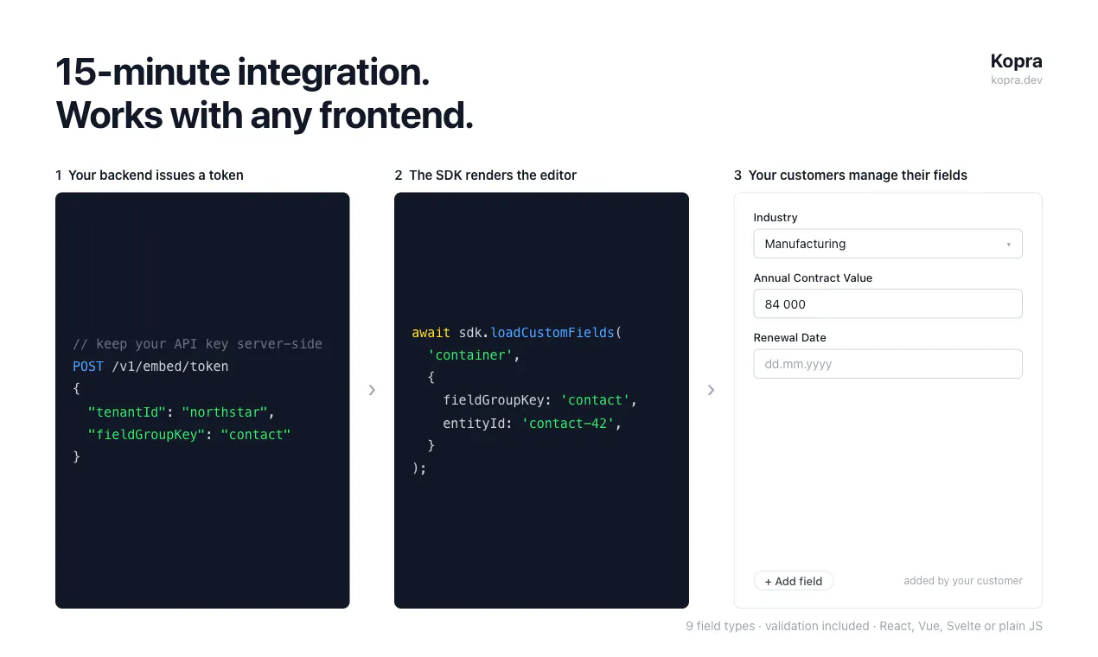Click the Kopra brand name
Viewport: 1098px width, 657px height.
[x=1016, y=61]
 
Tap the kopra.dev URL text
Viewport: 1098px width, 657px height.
[x=1016, y=80]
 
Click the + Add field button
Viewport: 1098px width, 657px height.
[x=793, y=581]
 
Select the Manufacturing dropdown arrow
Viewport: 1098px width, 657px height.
[x=1008, y=244]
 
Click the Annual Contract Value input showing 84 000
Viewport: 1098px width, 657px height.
[x=888, y=304]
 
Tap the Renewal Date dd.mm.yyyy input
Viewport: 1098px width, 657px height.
[x=888, y=364]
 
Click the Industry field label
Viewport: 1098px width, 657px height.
[x=776, y=217]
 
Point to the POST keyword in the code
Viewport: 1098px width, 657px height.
[x=88, y=367]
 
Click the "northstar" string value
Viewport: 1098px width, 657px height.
[x=225, y=411]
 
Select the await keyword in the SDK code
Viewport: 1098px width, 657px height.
[x=431, y=333]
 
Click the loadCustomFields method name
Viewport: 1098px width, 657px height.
[x=552, y=333]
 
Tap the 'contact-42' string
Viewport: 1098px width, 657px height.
[x=568, y=423]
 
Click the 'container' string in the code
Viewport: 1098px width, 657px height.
[x=470, y=355]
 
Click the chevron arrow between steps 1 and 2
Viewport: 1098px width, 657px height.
[x=372, y=390]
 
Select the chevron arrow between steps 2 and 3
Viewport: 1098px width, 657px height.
[x=711, y=390]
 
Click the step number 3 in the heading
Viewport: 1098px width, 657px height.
[x=737, y=175]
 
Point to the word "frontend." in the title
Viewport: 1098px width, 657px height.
[x=397, y=116]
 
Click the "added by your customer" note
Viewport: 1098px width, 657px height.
[x=963, y=581]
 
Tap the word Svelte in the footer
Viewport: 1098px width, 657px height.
[x=964, y=626]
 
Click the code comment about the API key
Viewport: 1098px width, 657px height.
[x=197, y=344]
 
